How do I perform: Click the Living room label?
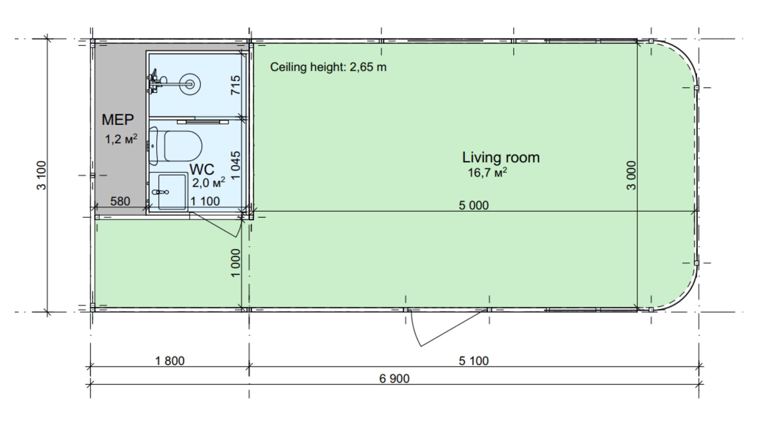(x=501, y=158)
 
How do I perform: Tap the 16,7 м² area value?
(x=487, y=172)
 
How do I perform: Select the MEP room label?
(x=118, y=120)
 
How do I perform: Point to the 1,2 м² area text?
(x=121, y=139)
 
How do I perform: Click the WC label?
(x=202, y=169)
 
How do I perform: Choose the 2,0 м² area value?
(x=208, y=183)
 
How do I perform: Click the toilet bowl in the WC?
(x=183, y=146)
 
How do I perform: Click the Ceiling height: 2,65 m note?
(x=328, y=67)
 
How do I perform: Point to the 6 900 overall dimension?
(x=394, y=378)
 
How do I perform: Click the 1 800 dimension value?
(x=170, y=361)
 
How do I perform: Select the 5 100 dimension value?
(x=474, y=361)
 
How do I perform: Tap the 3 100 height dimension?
(x=42, y=175)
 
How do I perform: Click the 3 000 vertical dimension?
(x=632, y=175)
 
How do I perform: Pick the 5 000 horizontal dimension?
(x=474, y=205)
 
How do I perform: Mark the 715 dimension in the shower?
(x=236, y=85)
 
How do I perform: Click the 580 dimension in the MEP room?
(x=120, y=201)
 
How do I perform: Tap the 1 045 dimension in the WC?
(x=236, y=165)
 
